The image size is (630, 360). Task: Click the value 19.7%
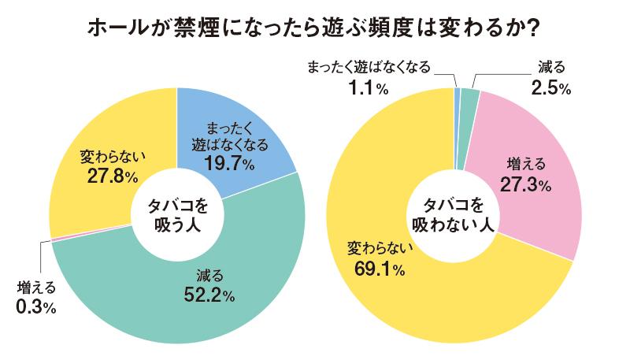pos(224,163)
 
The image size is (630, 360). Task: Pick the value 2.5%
pos(550,88)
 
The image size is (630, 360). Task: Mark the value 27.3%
pos(522,185)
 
